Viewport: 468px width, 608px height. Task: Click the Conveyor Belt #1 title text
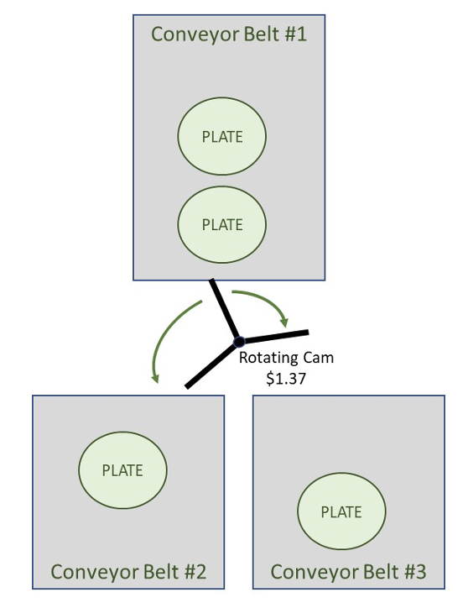229,34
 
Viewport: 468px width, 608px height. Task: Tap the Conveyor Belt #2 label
128,573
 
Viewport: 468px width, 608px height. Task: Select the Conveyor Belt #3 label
348,573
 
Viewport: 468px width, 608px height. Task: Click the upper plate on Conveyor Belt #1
222,136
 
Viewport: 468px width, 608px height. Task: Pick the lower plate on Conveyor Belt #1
222,224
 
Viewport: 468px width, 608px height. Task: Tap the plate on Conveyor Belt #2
122,470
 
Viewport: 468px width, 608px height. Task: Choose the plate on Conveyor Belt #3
341,511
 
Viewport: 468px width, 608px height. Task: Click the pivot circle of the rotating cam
239,342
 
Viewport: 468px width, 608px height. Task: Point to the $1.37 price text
286,379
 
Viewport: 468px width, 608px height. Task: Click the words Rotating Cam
286,358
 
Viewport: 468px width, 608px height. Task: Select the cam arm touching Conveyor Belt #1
224,309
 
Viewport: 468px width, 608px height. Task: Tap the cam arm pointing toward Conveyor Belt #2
211,364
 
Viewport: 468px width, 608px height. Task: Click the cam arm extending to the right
274,337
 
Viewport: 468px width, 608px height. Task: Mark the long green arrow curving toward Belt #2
166,333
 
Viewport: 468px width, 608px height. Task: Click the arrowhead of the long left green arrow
155,378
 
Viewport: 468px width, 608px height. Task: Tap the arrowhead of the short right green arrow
285,322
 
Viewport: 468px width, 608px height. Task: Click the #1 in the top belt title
296,34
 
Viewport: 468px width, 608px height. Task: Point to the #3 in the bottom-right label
415,572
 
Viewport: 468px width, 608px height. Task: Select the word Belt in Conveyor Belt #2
159,572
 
